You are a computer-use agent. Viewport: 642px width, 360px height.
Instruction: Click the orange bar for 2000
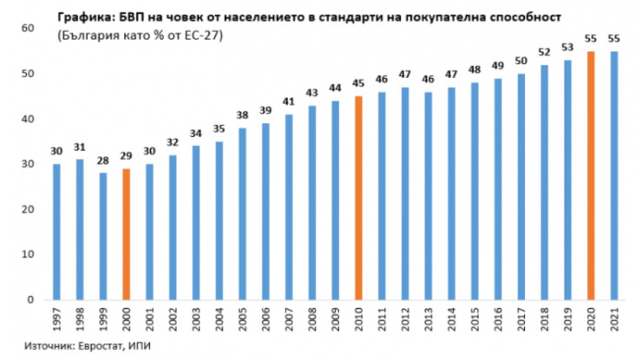[125, 234]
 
